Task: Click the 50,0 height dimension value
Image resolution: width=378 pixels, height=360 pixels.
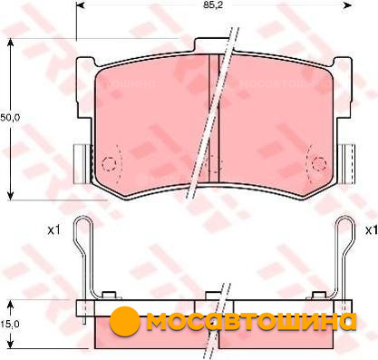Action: point(10,118)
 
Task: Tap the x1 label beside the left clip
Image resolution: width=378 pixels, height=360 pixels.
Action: point(54,230)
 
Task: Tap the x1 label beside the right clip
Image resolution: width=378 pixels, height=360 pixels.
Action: point(372,230)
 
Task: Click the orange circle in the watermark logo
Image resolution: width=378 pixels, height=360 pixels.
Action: point(125,321)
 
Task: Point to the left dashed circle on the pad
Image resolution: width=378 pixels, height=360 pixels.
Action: point(109,164)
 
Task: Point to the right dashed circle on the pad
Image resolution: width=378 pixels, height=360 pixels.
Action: point(319,164)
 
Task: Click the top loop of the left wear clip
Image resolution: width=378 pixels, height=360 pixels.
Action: point(82,226)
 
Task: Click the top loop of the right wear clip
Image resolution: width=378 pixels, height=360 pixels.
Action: point(344,226)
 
